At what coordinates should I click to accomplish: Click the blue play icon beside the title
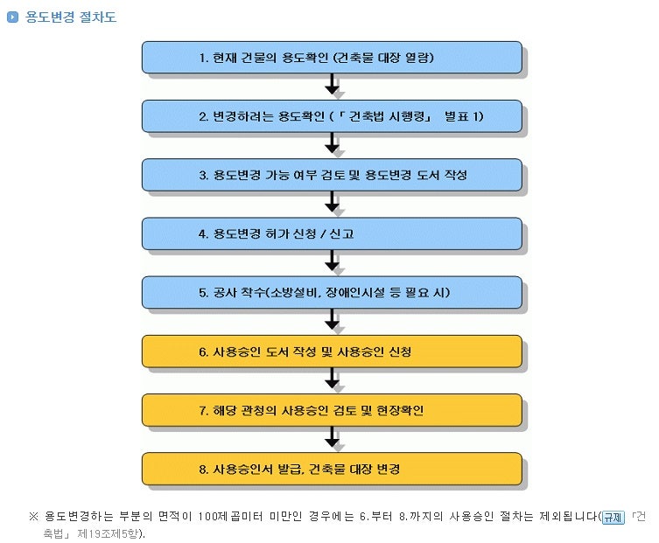click(12, 17)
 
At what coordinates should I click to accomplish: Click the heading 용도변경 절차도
click(71, 17)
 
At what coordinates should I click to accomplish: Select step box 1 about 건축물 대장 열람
click(332, 58)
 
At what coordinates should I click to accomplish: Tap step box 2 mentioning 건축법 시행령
click(332, 116)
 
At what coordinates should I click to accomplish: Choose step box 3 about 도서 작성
click(332, 175)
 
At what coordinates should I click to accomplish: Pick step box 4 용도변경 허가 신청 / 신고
click(332, 234)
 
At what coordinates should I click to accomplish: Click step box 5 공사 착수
click(332, 293)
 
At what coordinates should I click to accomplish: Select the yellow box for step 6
click(332, 352)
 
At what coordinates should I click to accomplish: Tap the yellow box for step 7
click(332, 410)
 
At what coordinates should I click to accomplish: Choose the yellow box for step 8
click(332, 469)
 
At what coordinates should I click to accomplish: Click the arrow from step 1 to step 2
click(332, 84)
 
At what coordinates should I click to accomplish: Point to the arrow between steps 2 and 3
click(332, 143)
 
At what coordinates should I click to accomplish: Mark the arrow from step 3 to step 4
click(332, 202)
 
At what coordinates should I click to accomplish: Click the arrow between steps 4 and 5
click(332, 261)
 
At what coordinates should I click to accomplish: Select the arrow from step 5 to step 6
click(332, 319)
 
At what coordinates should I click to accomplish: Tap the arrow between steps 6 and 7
click(332, 378)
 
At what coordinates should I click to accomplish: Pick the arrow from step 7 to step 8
click(332, 436)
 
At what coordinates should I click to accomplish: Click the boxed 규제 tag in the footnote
click(613, 517)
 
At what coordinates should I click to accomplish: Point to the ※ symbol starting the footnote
click(33, 517)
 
